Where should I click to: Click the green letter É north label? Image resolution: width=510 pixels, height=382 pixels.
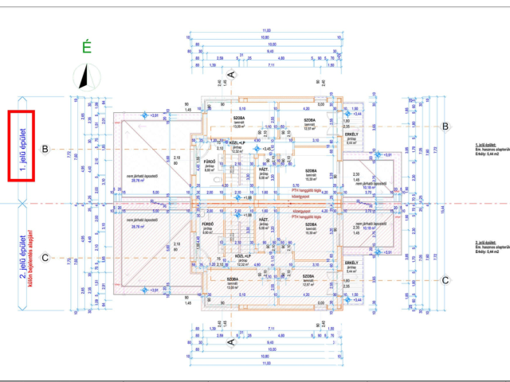point(87,48)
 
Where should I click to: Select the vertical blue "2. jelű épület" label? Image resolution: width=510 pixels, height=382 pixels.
point(22,258)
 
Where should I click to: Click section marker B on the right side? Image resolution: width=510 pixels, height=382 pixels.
point(446,127)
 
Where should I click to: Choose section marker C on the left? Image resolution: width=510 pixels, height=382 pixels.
point(45,257)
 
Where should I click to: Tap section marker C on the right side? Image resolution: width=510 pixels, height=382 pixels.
point(446,279)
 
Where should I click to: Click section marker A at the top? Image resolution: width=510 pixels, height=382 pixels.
point(231,74)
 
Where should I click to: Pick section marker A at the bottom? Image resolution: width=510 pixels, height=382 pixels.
point(231,342)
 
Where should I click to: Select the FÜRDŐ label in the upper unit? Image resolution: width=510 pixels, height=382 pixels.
point(210,164)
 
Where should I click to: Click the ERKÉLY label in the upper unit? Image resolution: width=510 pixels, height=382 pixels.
point(351,135)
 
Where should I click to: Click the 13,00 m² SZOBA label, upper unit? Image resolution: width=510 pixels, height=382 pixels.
point(237,119)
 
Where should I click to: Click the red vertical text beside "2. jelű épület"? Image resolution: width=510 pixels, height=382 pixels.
point(30,259)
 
